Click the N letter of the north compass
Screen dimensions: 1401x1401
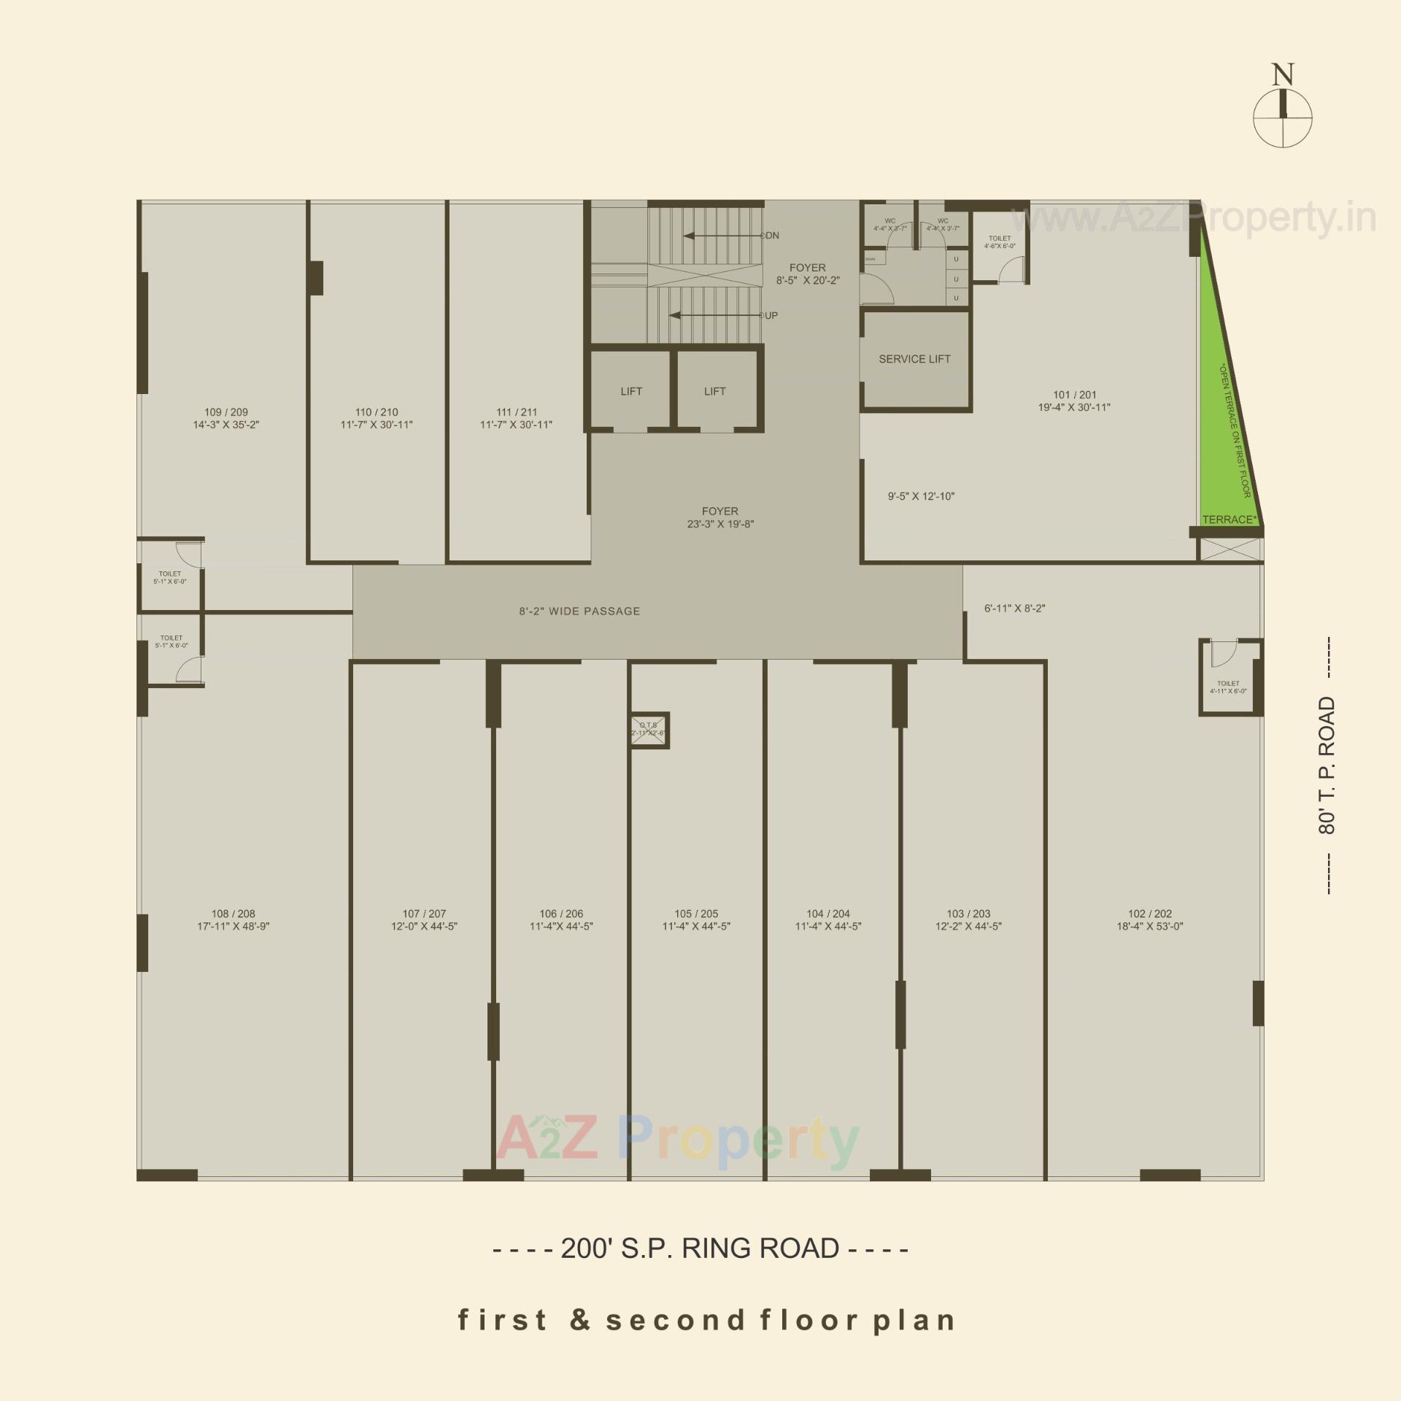(x=1283, y=74)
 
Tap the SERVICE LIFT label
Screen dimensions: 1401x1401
(x=914, y=359)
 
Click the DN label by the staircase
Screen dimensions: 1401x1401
(x=772, y=236)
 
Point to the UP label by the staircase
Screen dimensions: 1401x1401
(x=771, y=316)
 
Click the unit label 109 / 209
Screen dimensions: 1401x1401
(x=226, y=412)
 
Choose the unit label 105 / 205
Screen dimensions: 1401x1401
(x=696, y=914)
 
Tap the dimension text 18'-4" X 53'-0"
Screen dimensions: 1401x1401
(x=1150, y=927)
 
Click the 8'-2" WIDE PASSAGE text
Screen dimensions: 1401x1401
(x=579, y=611)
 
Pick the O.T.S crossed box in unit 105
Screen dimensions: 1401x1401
(x=649, y=730)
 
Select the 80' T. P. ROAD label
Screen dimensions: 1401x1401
(x=1327, y=765)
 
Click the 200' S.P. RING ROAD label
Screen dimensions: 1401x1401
(x=700, y=1248)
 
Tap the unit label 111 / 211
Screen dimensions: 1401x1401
(x=517, y=412)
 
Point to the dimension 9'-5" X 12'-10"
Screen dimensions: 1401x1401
(x=921, y=496)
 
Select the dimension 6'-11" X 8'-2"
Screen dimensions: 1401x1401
(x=1014, y=609)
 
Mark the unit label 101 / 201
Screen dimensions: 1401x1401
(x=1074, y=395)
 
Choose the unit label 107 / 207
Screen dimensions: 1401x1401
(x=424, y=914)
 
